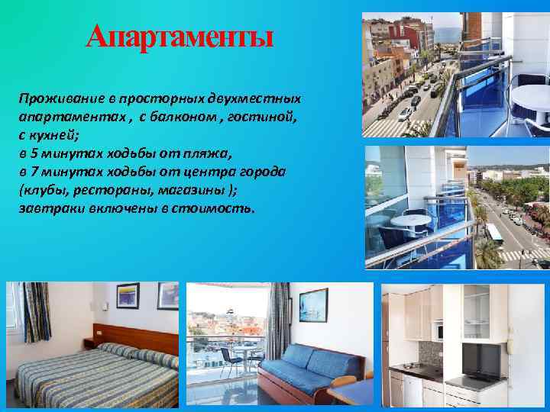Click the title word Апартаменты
pyautogui.click(x=180, y=35)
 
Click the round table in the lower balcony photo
pyautogui.click(x=411, y=221)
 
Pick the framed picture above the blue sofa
pyautogui.click(x=313, y=304)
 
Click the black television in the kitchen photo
pyautogui.click(x=482, y=360)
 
